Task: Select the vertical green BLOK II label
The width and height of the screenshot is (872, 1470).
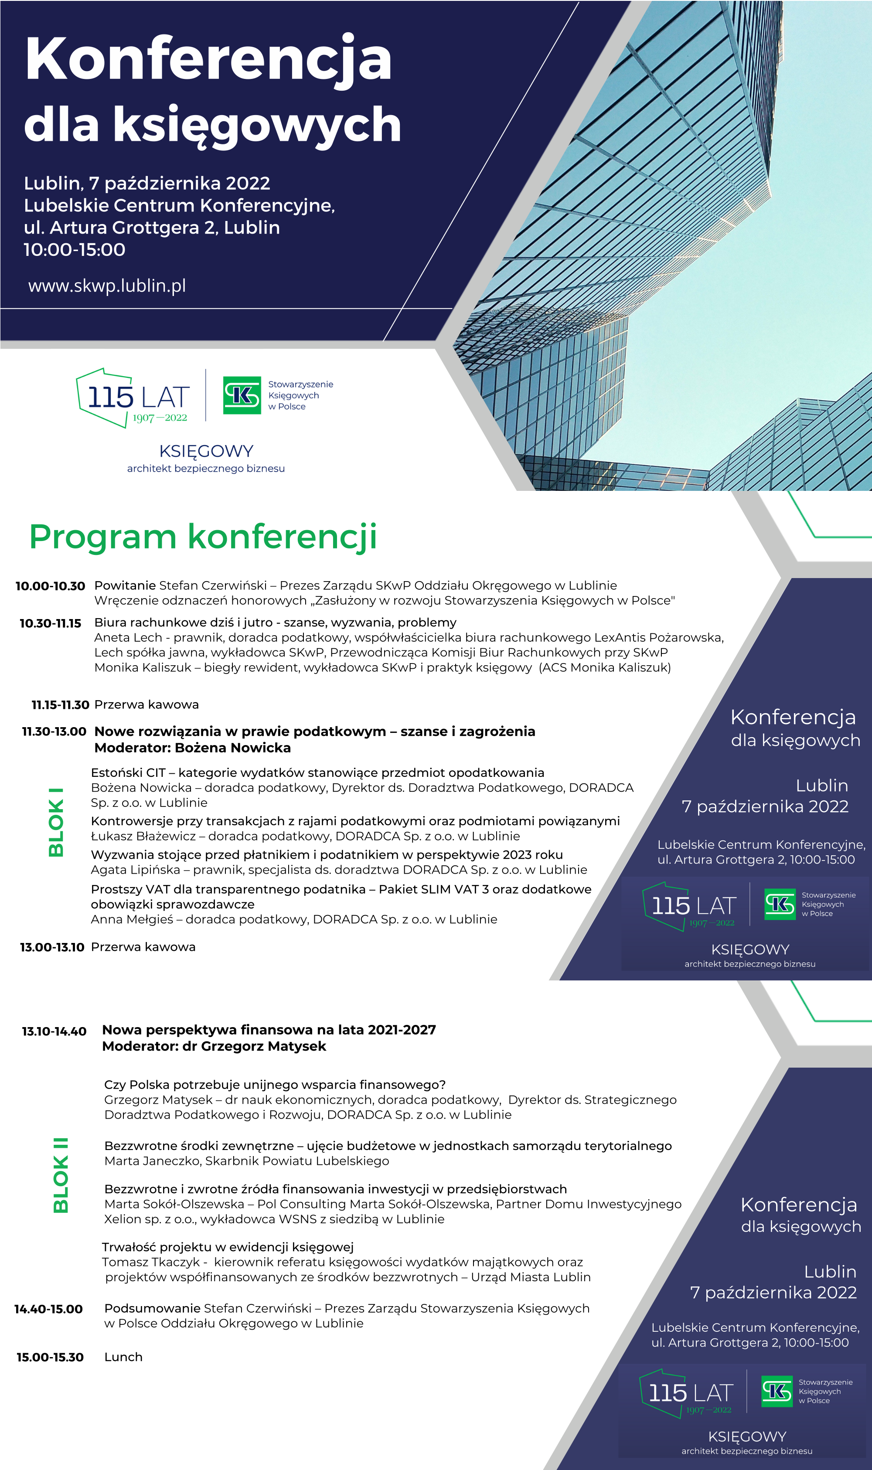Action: [61, 1175]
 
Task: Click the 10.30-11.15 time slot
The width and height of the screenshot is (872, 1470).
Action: [51, 623]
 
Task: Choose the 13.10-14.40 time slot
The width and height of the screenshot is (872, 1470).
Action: [54, 1031]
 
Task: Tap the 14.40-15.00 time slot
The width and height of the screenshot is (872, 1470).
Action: [48, 1309]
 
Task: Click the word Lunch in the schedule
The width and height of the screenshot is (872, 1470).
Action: [123, 1357]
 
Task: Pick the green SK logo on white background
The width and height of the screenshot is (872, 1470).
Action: [242, 395]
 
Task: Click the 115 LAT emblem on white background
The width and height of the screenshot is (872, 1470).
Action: [133, 398]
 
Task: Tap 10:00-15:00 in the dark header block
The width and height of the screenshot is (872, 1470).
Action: [75, 250]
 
